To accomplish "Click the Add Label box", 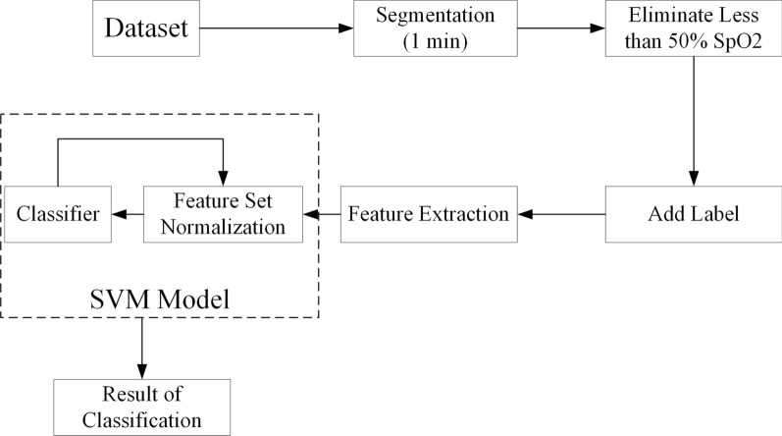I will pyautogui.click(x=694, y=213).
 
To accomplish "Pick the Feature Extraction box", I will pyautogui.click(x=428, y=213).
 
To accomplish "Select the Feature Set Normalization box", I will pyautogui.click(x=224, y=213).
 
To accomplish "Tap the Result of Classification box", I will pyautogui.click(x=142, y=407).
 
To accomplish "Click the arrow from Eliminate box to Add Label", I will pyautogui.click(x=694, y=118).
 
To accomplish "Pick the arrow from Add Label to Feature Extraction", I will pyautogui.click(x=560, y=213).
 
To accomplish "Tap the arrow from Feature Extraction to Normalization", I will pyautogui.click(x=321, y=213).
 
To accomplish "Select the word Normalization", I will pyautogui.click(x=224, y=226).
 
